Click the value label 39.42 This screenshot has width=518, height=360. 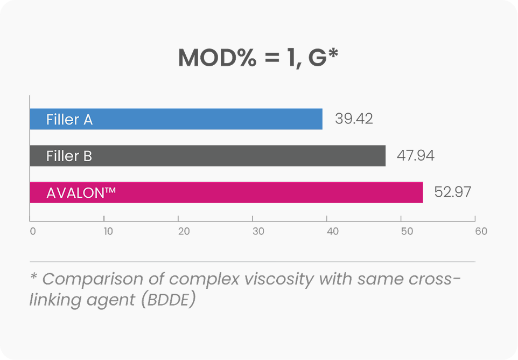(x=354, y=119)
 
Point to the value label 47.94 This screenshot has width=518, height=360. (x=415, y=156)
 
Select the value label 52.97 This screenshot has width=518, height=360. (x=452, y=192)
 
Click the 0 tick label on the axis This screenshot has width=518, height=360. (x=33, y=231)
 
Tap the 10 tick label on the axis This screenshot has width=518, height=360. (x=108, y=231)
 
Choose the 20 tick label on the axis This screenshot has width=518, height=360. (x=184, y=231)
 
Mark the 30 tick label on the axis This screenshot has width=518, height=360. (x=258, y=231)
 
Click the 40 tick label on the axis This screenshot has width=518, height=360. (x=332, y=231)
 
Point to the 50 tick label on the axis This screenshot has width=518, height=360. (x=407, y=231)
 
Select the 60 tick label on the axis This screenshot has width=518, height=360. (x=481, y=231)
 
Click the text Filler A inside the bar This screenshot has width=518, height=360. (x=69, y=120)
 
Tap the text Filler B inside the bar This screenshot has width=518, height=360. (x=69, y=156)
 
